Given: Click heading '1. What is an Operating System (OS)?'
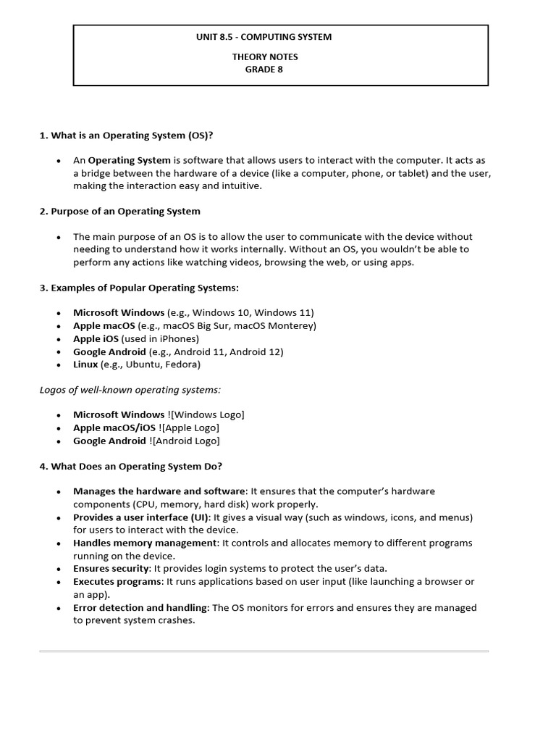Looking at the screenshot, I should (126, 135).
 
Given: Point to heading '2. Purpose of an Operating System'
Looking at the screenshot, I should (119, 212).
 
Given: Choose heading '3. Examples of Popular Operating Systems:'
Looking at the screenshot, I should (138, 288).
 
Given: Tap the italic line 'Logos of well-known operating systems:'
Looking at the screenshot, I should (130, 390).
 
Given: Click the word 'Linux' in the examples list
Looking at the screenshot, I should (85, 364).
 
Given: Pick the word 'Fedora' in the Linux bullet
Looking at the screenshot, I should (182, 364).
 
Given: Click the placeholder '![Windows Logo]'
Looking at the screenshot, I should (206, 414).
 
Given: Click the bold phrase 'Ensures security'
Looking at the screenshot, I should (111, 569).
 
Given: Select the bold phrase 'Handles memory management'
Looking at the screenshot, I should (145, 543).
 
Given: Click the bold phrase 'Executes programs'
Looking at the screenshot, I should (117, 582).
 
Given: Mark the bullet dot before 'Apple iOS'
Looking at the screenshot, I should (59, 339).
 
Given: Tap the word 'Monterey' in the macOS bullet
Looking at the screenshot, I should (293, 326).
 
